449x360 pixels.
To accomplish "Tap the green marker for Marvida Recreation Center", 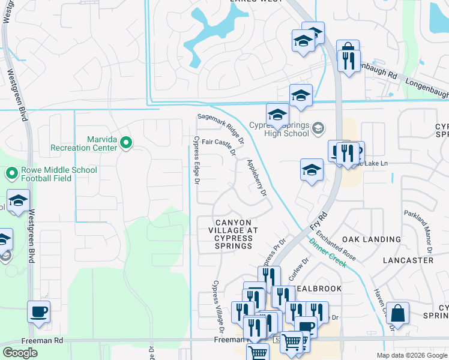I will pos(126,142).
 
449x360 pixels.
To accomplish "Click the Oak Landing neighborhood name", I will pos(371,239).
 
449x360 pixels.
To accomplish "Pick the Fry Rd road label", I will pos(318,222).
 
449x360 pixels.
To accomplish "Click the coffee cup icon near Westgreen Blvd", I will pos(39,311).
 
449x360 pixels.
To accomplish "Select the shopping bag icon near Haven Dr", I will pos(397,313).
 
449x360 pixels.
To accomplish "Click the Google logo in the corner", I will pos(20,353).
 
